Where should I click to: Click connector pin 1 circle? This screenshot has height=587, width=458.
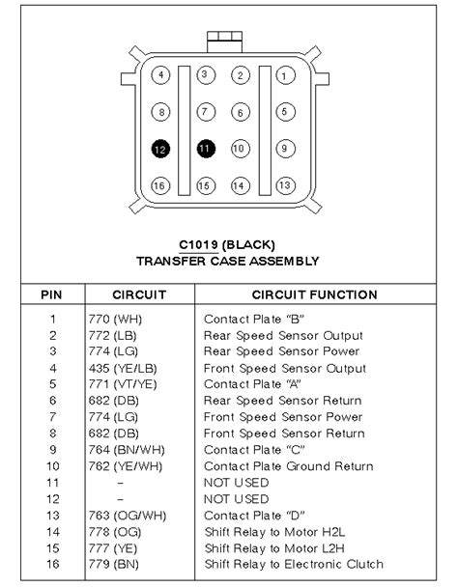(283, 74)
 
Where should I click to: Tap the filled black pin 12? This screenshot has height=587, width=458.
(162, 149)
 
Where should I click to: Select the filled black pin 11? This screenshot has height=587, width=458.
(205, 149)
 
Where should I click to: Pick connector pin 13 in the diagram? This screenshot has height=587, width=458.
(284, 184)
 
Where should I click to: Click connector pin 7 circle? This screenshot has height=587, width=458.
(205, 112)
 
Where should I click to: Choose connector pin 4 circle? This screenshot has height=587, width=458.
(162, 74)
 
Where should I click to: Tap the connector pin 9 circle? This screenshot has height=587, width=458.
(283, 149)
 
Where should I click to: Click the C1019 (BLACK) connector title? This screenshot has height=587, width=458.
(228, 244)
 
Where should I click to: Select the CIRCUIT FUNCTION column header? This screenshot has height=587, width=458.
(314, 294)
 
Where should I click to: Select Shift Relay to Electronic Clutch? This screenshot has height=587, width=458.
(294, 564)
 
